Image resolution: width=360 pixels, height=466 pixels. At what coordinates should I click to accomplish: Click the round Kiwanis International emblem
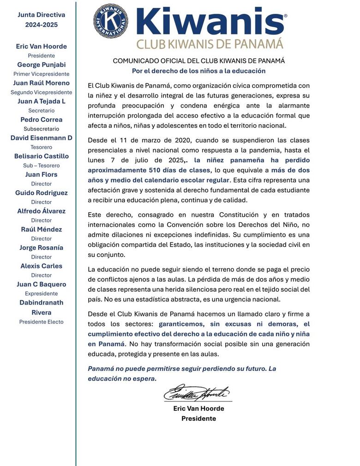click(x=111, y=21)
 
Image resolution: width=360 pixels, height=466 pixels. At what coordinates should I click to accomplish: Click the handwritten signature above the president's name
click(x=196, y=393)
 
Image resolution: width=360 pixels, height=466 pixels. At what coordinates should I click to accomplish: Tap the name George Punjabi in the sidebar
click(x=42, y=65)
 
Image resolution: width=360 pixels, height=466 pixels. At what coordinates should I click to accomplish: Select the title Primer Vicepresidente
click(x=42, y=74)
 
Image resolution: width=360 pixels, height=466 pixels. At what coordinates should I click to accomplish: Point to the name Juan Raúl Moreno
click(x=42, y=83)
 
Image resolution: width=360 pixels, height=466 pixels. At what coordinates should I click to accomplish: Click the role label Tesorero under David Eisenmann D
click(x=42, y=147)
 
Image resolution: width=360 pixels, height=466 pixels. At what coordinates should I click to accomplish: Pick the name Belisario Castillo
click(x=42, y=156)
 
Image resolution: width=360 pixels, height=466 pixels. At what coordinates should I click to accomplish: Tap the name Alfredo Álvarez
click(x=42, y=211)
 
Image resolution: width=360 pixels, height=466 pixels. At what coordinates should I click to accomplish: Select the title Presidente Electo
click(x=42, y=322)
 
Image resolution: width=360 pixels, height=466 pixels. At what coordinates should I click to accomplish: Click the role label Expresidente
click(x=42, y=293)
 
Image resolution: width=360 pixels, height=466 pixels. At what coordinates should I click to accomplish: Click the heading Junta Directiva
click(x=42, y=15)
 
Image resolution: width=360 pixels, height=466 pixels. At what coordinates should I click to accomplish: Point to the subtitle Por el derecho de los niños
click(x=198, y=71)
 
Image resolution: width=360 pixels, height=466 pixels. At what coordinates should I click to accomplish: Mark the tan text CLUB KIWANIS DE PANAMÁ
click(x=210, y=44)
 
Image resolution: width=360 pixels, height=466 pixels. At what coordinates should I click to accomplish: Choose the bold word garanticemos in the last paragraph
click(x=181, y=324)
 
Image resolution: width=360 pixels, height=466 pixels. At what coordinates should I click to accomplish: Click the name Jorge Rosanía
click(x=42, y=248)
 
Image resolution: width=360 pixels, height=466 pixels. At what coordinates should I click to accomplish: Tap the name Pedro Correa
click(x=42, y=119)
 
